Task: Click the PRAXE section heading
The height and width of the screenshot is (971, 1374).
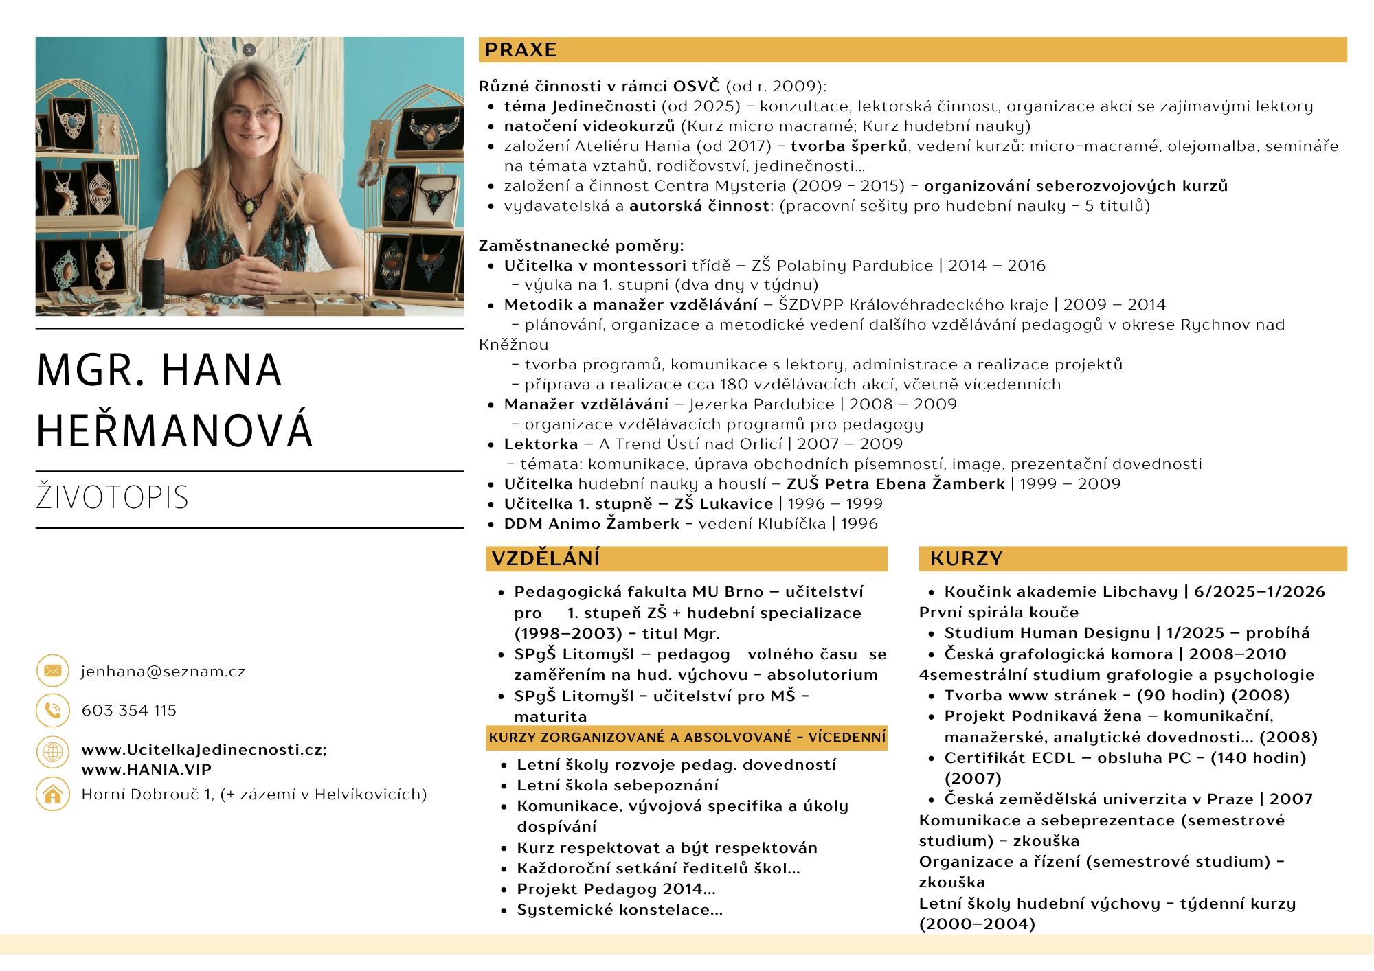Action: pos(521,50)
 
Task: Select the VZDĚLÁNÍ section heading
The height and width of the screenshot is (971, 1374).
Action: pos(546,559)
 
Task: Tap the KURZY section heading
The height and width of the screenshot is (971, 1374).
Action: pos(966,559)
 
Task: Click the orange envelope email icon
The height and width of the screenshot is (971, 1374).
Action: pos(53,671)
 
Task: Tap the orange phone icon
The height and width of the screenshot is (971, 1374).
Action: pos(53,710)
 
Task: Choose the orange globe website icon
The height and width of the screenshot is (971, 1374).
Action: pos(53,752)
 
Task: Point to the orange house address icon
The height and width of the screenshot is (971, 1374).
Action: pos(53,795)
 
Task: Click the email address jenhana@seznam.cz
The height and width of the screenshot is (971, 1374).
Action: pos(164,672)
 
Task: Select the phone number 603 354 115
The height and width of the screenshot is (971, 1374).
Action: pos(129,711)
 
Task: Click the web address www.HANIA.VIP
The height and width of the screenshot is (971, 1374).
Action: pos(146,770)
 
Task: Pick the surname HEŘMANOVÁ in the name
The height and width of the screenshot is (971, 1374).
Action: pos(174,431)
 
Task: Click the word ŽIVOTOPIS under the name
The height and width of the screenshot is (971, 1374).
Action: pos(112,498)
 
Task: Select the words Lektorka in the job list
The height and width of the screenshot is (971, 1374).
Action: pos(541,444)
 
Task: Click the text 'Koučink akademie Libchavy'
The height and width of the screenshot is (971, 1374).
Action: pos(1061,592)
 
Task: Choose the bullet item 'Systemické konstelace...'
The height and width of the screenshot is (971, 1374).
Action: pos(620,910)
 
